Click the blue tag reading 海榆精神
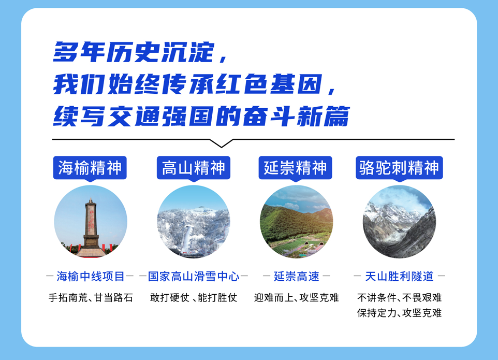pyautogui.click(x=90, y=168)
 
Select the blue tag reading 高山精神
pyautogui.click(x=194, y=168)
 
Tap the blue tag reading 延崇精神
pyautogui.click(x=296, y=168)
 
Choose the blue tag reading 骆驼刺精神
pyautogui.click(x=399, y=168)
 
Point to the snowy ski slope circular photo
pyautogui.click(x=194, y=222)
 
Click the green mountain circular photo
pyautogui.click(x=296, y=222)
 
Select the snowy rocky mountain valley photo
pyautogui.click(x=399, y=222)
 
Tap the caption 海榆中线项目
pyautogui.click(x=90, y=277)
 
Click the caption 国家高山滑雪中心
pyautogui.click(x=194, y=277)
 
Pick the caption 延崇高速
pyautogui.click(x=296, y=277)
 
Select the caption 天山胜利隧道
pyautogui.click(x=399, y=277)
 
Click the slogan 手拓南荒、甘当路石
pyautogui.click(x=91, y=298)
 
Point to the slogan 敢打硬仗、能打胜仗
pyautogui.click(x=194, y=298)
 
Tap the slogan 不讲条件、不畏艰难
pyautogui.click(x=399, y=298)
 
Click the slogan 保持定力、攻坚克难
pyautogui.click(x=399, y=313)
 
